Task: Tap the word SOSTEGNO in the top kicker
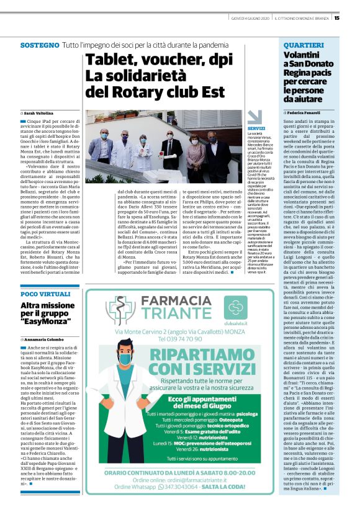click(x=39, y=46)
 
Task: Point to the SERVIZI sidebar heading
click(x=256, y=128)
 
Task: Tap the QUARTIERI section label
click(x=305, y=46)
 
